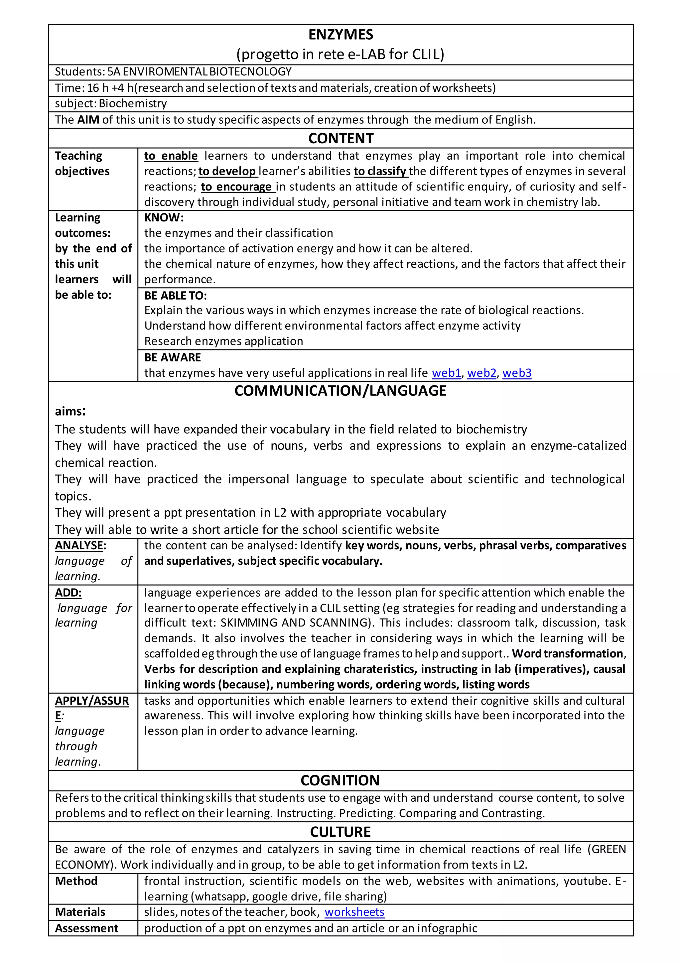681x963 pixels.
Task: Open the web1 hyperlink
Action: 447,373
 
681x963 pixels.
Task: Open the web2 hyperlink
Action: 482,373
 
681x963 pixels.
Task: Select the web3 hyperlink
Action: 517,373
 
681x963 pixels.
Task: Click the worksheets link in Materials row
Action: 354,912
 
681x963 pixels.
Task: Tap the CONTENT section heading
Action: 340,138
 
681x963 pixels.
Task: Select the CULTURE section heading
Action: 340,832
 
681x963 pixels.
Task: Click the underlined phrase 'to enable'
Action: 171,156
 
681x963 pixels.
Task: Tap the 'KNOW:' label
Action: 164,218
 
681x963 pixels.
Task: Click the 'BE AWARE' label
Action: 172,357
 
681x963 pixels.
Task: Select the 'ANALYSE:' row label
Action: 80,546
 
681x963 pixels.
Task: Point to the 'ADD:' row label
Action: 68,593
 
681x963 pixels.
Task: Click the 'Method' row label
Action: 76,881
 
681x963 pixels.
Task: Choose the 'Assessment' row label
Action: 86,928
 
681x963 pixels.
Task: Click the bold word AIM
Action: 88,120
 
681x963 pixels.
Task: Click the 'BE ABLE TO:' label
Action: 175,296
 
